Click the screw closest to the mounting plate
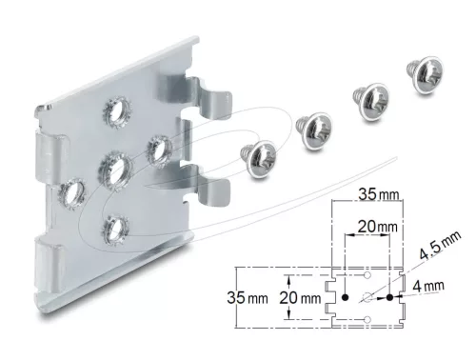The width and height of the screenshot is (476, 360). click(x=259, y=159)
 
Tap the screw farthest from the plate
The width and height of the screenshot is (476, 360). click(x=426, y=74)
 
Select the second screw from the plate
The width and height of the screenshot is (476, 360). click(x=314, y=130)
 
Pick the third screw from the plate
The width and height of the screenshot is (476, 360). click(x=371, y=102)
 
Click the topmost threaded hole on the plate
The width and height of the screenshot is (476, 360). click(x=116, y=108)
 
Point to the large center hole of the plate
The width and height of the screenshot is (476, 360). click(x=115, y=170)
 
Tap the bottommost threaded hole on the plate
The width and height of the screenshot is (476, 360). click(x=116, y=230)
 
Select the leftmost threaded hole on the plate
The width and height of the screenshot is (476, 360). click(x=72, y=193)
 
